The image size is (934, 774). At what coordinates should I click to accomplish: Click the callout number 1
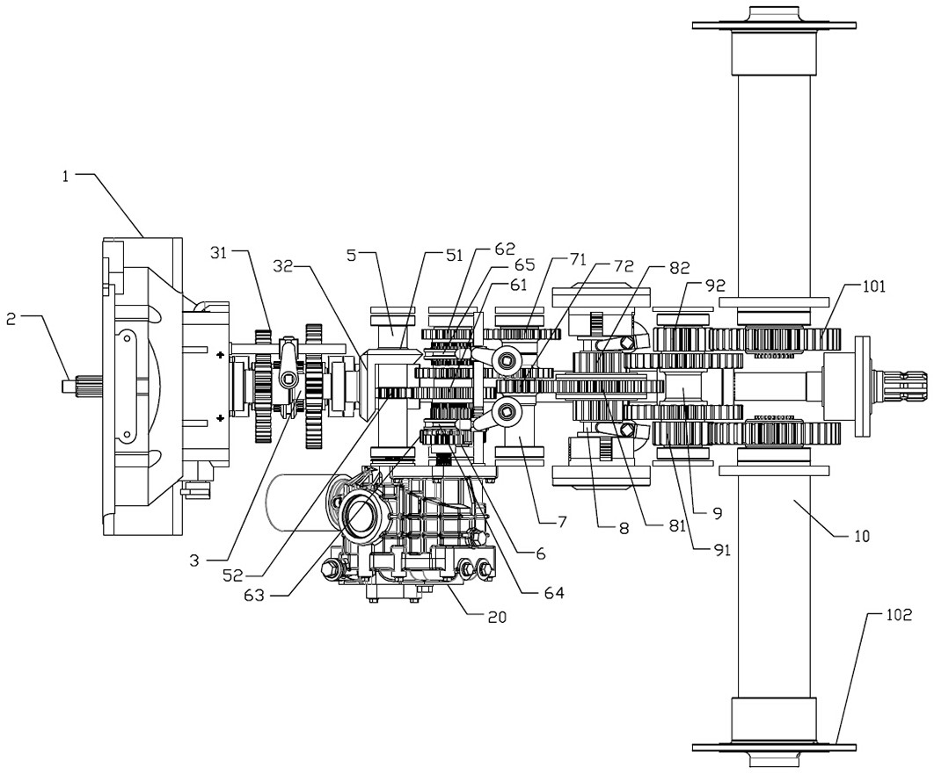(66, 176)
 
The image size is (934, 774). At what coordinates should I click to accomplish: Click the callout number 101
(873, 286)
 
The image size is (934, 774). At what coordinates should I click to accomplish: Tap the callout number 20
(498, 617)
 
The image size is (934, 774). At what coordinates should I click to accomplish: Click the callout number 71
(578, 259)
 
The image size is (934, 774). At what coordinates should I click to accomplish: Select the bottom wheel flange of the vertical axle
(774, 749)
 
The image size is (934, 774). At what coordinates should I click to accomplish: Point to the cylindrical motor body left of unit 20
(296, 503)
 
